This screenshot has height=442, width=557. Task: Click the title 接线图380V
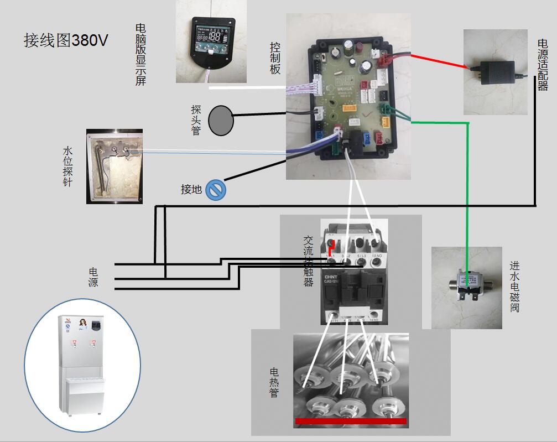pyautogui.click(x=66, y=40)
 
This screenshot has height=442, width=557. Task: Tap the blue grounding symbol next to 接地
pyautogui.click(x=215, y=190)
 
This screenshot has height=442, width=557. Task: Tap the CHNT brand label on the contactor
pyautogui.click(x=332, y=277)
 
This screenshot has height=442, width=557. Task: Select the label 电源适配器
pyautogui.click(x=542, y=64)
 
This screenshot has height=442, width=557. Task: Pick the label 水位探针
pyautogui.click(x=68, y=166)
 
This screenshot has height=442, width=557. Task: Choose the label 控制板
pyautogui.click(x=275, y=58)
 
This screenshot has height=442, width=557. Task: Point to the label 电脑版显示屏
pyautogui.click(x=140, y=54)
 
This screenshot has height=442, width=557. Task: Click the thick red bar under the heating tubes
pyautogui.click(x=351, y=422)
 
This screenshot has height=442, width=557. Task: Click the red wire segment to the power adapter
pyautogui.click(x=443, y=60)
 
